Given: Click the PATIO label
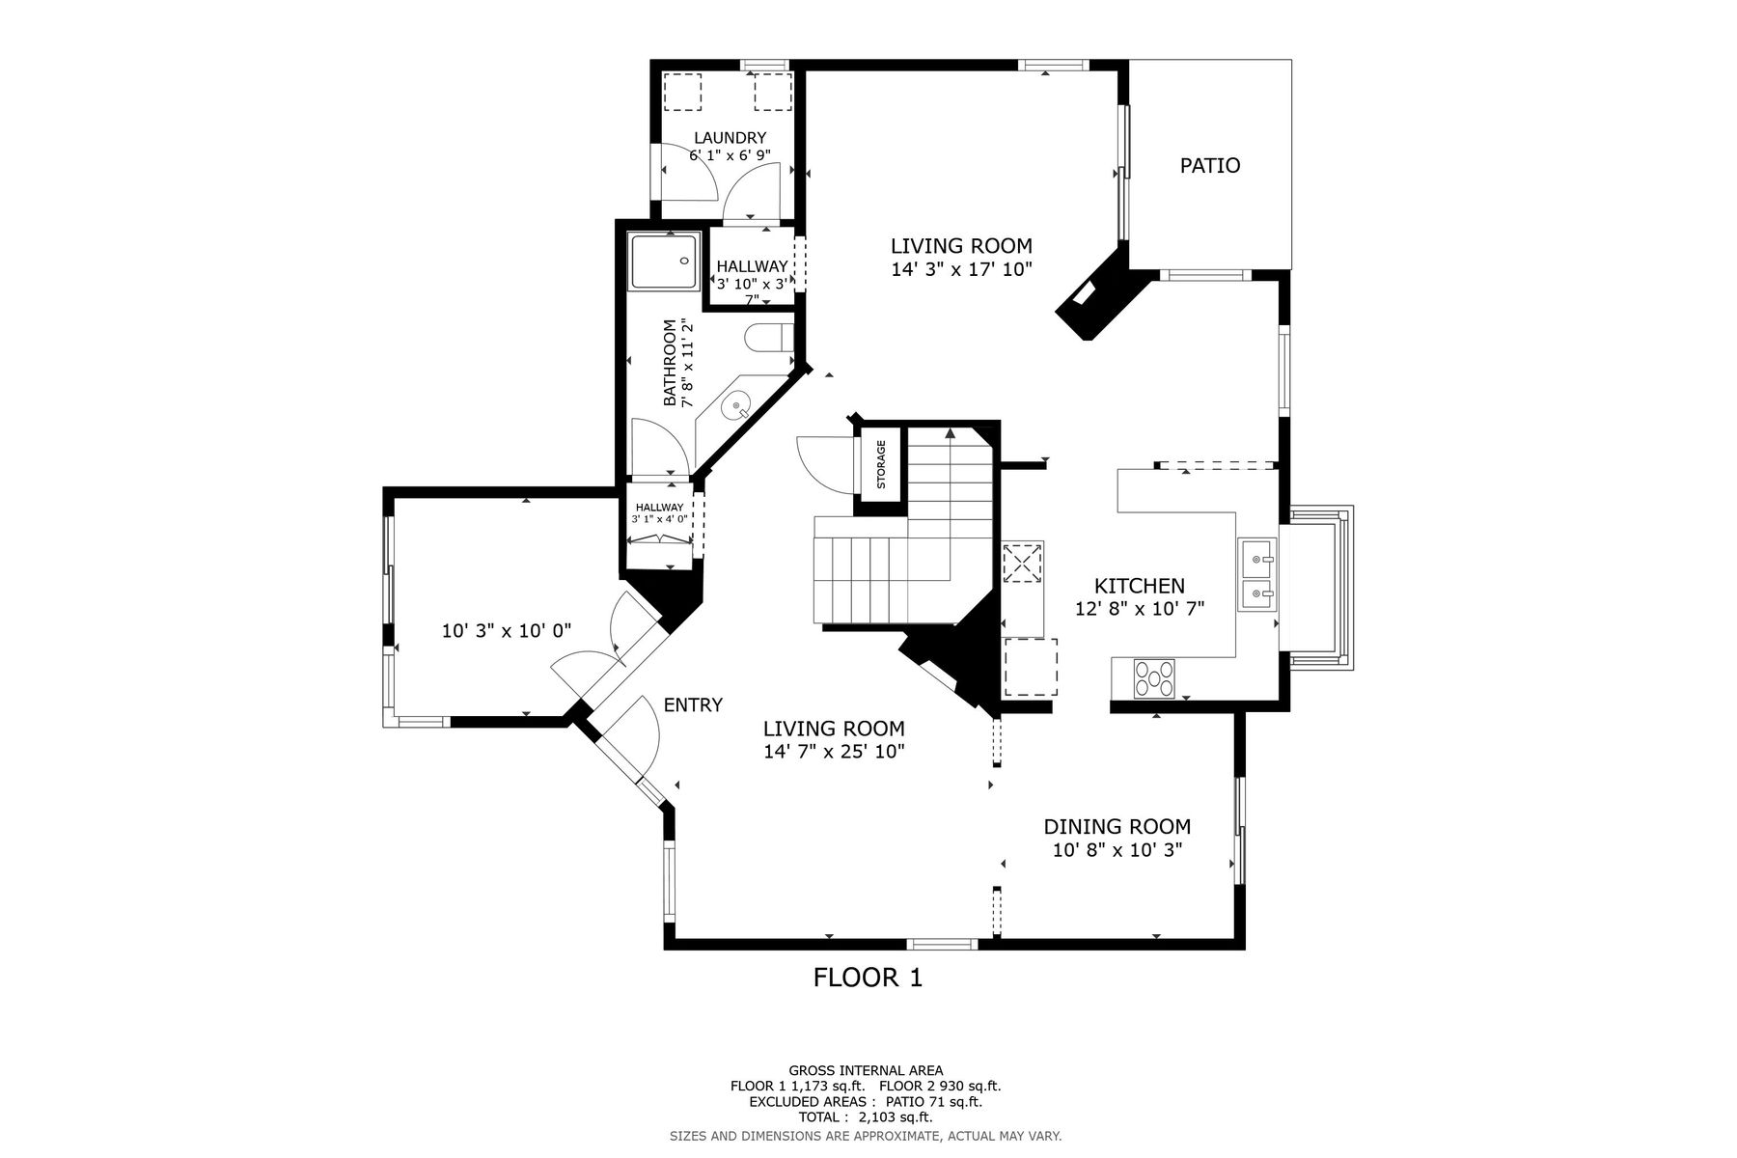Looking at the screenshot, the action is [1210, 166].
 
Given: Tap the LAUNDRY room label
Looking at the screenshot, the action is [730, 138].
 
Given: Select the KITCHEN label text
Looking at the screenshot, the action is [1139, 586].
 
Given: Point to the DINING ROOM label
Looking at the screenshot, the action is [1117, 827].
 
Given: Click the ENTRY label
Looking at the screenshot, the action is [693, 705].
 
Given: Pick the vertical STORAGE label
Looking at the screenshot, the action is [881, 464].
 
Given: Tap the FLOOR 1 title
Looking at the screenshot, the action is [868, 979].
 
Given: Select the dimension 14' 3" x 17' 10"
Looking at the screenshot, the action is [961, 270].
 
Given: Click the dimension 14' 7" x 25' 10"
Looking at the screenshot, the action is [834, 751].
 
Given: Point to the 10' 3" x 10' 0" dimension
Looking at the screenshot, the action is [507, 632].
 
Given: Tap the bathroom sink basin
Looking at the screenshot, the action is [738, 406].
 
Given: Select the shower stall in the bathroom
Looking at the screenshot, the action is [664, 261].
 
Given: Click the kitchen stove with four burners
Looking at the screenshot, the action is [1154, 677].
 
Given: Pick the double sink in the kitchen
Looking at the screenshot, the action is [1257, 575].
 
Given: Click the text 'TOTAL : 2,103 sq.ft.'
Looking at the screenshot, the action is [867, 1117].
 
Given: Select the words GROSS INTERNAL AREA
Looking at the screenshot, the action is [867, 1070].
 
